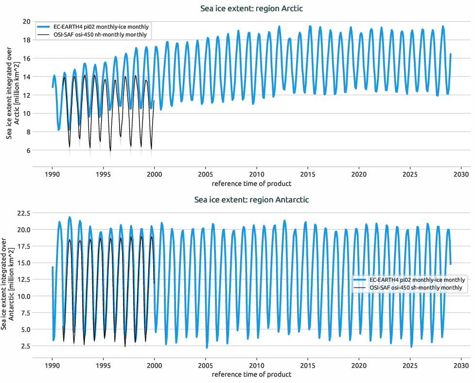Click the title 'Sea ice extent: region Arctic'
point(252,9)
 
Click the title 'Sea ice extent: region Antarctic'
point(252,200)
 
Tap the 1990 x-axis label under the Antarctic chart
point(53,365)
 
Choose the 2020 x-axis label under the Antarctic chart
point(359,365)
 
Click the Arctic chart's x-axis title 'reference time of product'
point(252,183)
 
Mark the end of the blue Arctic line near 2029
point(451,55)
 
